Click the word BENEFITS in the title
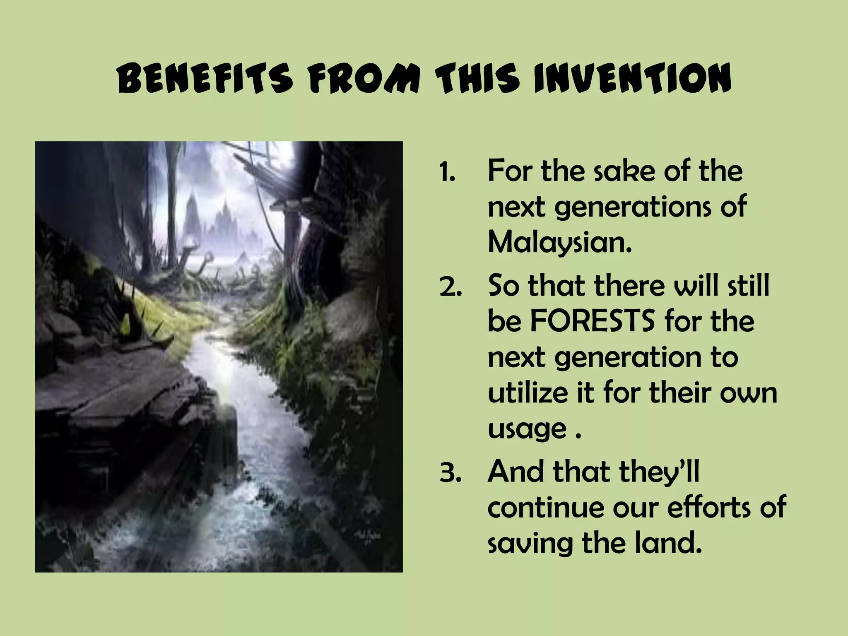205,79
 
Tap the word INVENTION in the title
632,79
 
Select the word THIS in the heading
478,79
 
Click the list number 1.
447,172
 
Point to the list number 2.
450,287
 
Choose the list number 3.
450,472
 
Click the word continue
546,508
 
